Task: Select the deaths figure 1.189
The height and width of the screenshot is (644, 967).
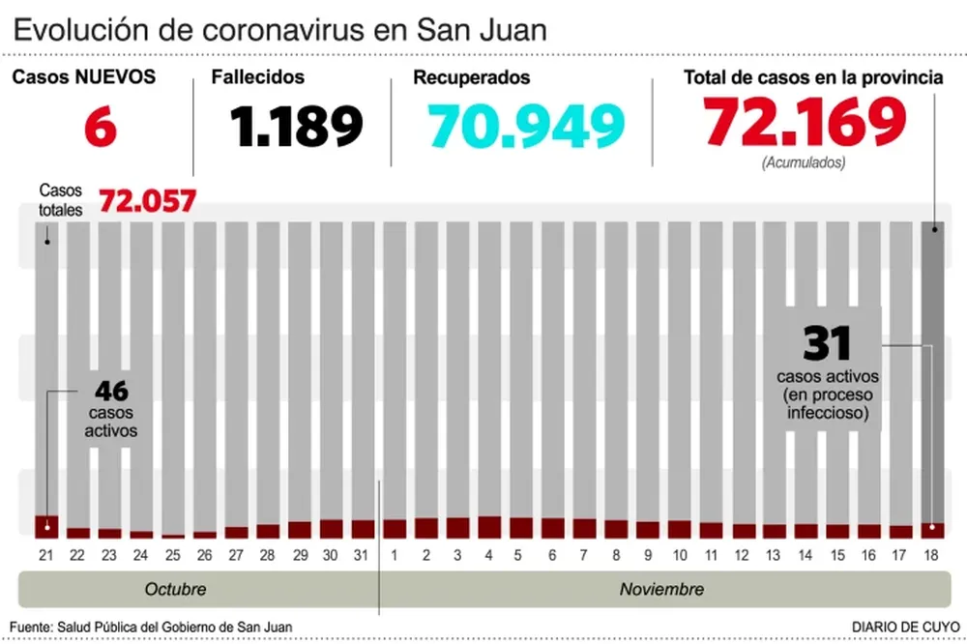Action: (x=297, y=125)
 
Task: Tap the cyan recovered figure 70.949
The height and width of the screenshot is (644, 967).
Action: (x=527, y=125)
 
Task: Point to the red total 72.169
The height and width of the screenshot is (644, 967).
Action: (x=805, y=122)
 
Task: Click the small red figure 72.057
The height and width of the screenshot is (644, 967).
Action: (x=148, y=201)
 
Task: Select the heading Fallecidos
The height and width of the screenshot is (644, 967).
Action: (x=257, y=77)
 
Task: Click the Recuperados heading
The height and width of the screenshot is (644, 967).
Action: (x=471, y=77)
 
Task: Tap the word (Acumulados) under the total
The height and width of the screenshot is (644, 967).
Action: (x=804, y=162)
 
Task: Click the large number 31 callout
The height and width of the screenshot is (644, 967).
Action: (x=827, y=343)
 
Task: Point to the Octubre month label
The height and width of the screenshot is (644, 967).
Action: (x=175, y=589)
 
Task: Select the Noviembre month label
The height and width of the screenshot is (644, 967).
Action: (x=661, y=589)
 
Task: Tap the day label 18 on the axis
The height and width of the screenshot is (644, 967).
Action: (x=932, y=555)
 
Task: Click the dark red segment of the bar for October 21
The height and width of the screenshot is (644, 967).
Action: (x=46, y=526)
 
